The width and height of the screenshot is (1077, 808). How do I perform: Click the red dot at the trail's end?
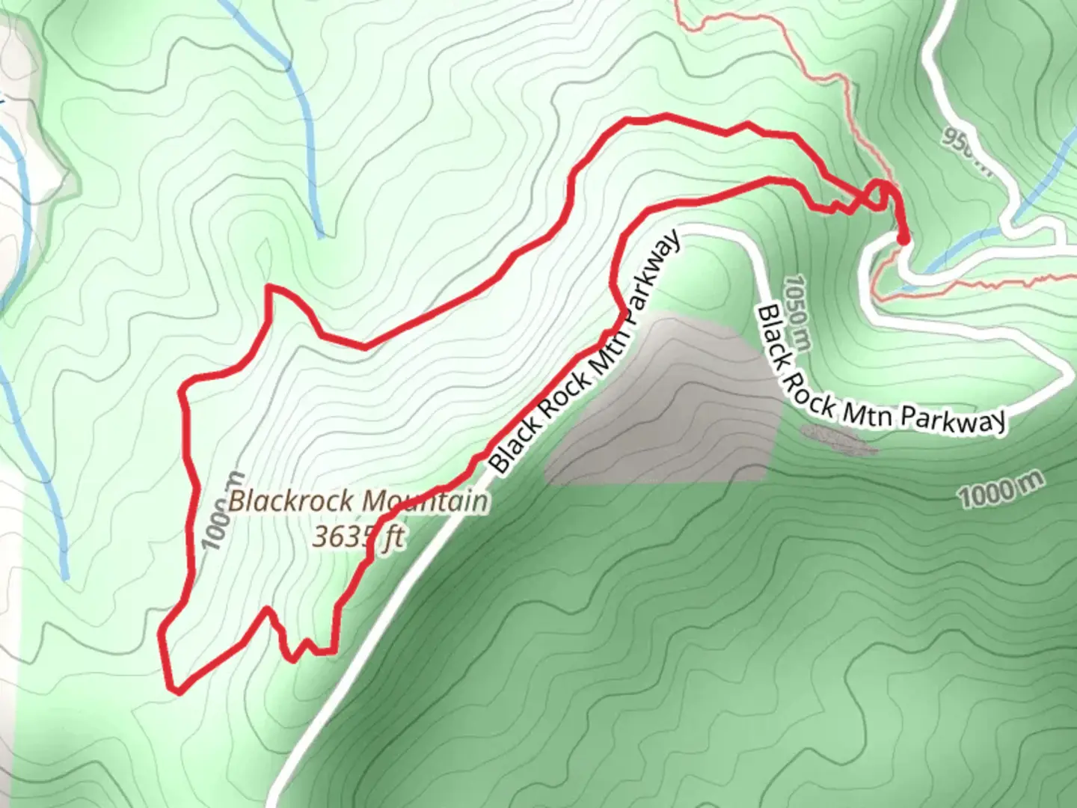pyautogui.click(x=903, y=239)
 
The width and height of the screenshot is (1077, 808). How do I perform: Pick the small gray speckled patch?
pyautogui.click(x=838, y=440)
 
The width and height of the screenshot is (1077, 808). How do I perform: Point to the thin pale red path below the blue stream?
pyautogui.click(x=972, y=286)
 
